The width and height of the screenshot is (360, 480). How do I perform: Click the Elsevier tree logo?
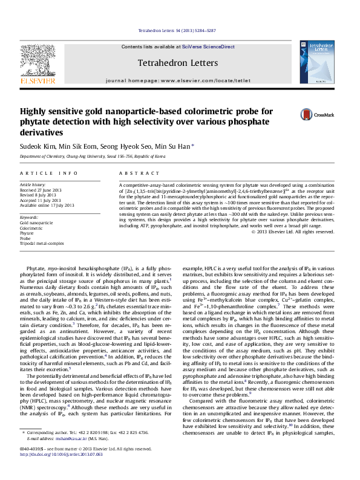click(x=38, y=60)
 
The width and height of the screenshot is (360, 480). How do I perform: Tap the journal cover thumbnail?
click(x=318, y=62)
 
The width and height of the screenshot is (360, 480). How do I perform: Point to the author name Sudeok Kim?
click(x=38, y=146)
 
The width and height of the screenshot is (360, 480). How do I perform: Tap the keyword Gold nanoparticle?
click(x=37, y=222)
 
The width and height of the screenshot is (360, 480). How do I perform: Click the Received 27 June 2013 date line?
click(x=41, y=190)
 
